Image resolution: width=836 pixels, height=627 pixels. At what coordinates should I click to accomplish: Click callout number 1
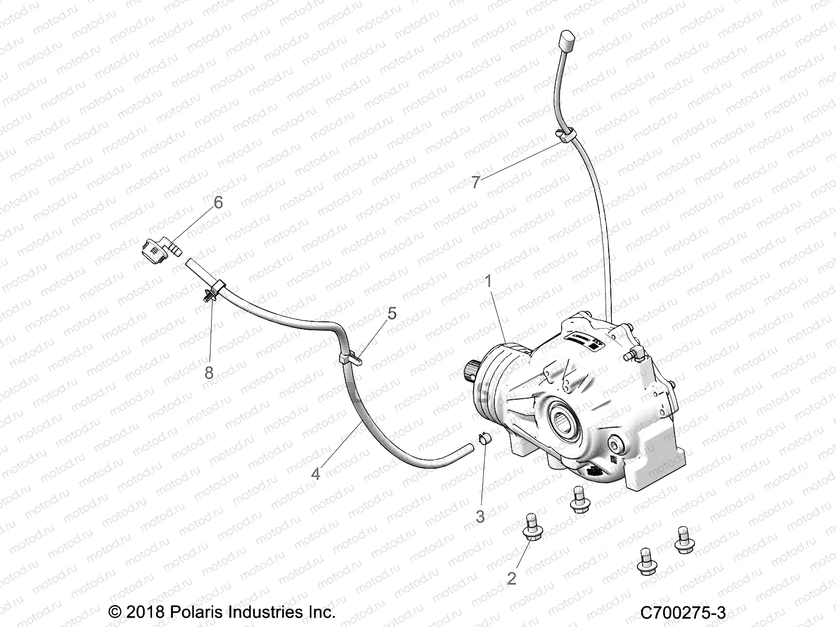pyautogui.click(x=488, y=283)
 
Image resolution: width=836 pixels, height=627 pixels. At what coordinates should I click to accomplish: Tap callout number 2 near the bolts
pyautogui.click(x=512, y=578)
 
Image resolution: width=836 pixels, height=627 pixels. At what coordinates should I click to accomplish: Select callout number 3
pyautogui.click(x=480, y=516)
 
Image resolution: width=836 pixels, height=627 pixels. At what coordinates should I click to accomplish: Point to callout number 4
pyautogui.click(x=316, y=473)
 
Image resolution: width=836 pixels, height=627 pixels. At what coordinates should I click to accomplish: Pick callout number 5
pyautogui.click(x=391, y=313)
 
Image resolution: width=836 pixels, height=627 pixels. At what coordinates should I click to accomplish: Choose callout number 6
pyautogui.click(x=218, y=203)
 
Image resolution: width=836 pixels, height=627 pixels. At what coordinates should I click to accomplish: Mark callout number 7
pyautogui.click(x=475, y=183)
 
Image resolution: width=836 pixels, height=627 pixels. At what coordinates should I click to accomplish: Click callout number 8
pyautogui.click(x=209, y=373)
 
